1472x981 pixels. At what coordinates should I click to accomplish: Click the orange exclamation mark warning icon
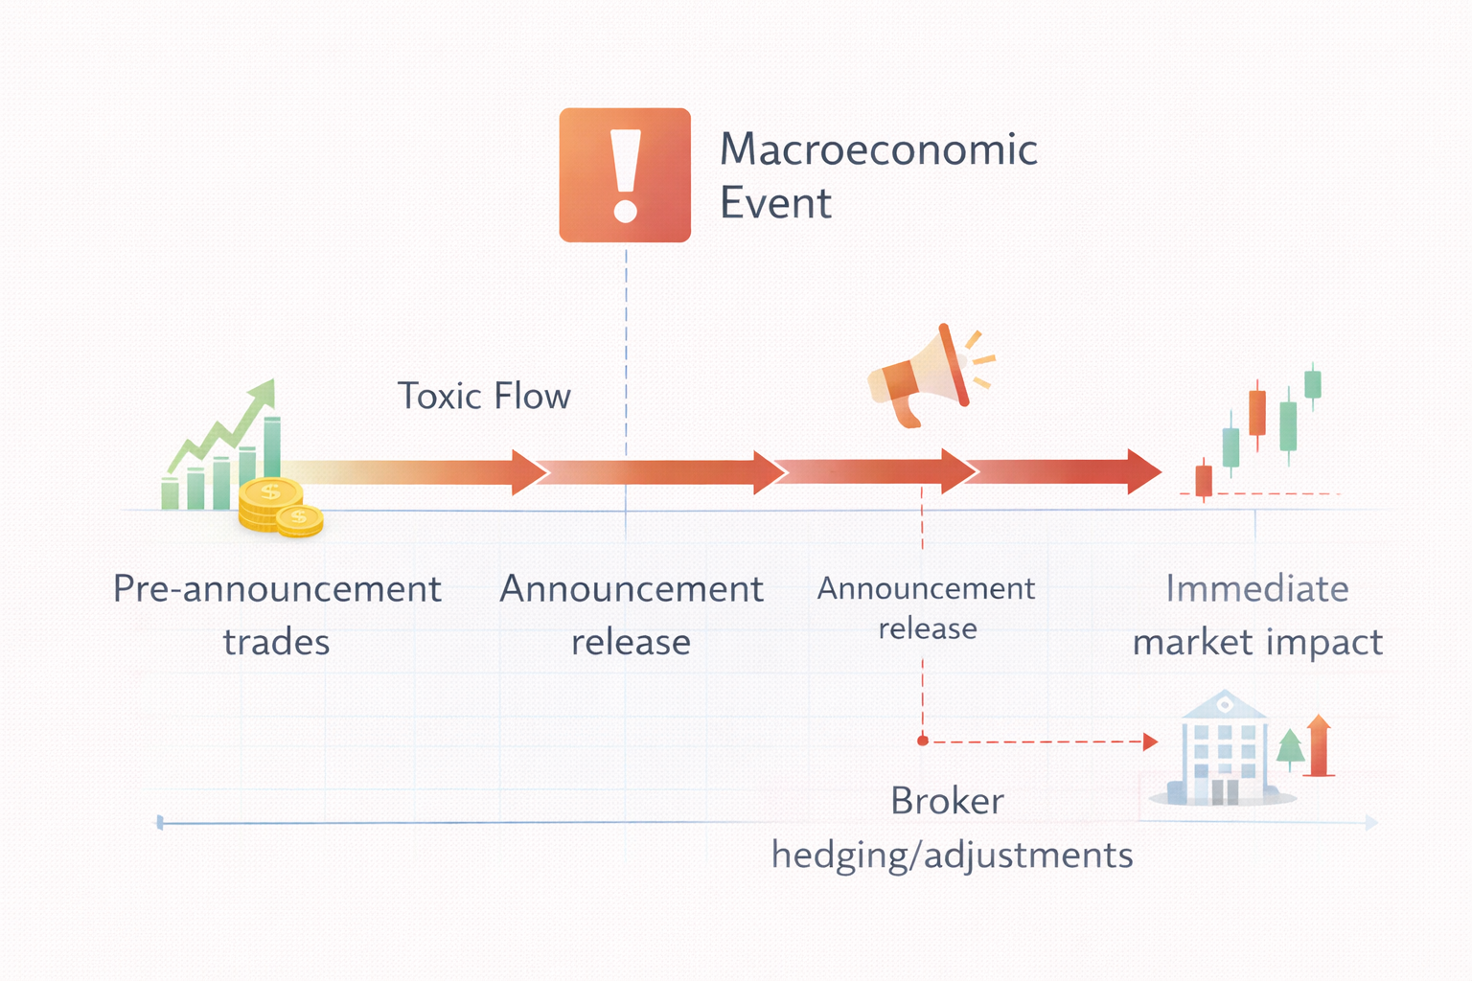point(625,175)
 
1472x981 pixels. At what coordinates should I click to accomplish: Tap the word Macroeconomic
point(878,149)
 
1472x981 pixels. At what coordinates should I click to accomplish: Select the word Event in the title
point(775,203)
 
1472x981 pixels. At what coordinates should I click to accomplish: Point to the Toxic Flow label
point(484,396)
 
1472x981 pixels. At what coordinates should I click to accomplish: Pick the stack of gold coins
point(278,508)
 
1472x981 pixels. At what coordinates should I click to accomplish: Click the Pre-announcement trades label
point(277,614)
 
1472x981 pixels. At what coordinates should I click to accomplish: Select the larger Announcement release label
point(631,614)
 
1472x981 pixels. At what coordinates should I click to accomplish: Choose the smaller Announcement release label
point(926,607)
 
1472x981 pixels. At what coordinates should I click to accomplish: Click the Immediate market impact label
point(1257,614)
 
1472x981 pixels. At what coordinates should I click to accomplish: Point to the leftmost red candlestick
point(1204,480)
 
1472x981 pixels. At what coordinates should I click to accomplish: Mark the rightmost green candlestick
point(1313,383)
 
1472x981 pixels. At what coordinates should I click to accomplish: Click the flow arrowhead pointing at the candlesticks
point(1144,471)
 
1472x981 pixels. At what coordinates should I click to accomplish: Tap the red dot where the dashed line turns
point(923,741)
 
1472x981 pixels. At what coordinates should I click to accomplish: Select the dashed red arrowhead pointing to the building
point(1150,741)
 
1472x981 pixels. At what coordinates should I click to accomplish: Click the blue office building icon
point(1221,750)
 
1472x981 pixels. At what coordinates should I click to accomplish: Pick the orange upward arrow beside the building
point(1319,745)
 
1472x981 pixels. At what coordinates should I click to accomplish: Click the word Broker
point(947,801)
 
